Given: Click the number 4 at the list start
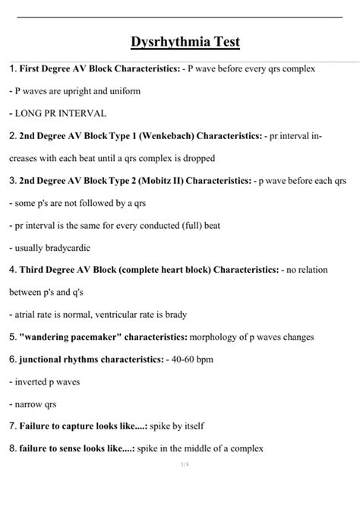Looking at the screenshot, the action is (x=12, y=270).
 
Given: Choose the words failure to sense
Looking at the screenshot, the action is (x=55, y=448).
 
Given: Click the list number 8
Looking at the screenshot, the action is (x=12, y=448).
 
